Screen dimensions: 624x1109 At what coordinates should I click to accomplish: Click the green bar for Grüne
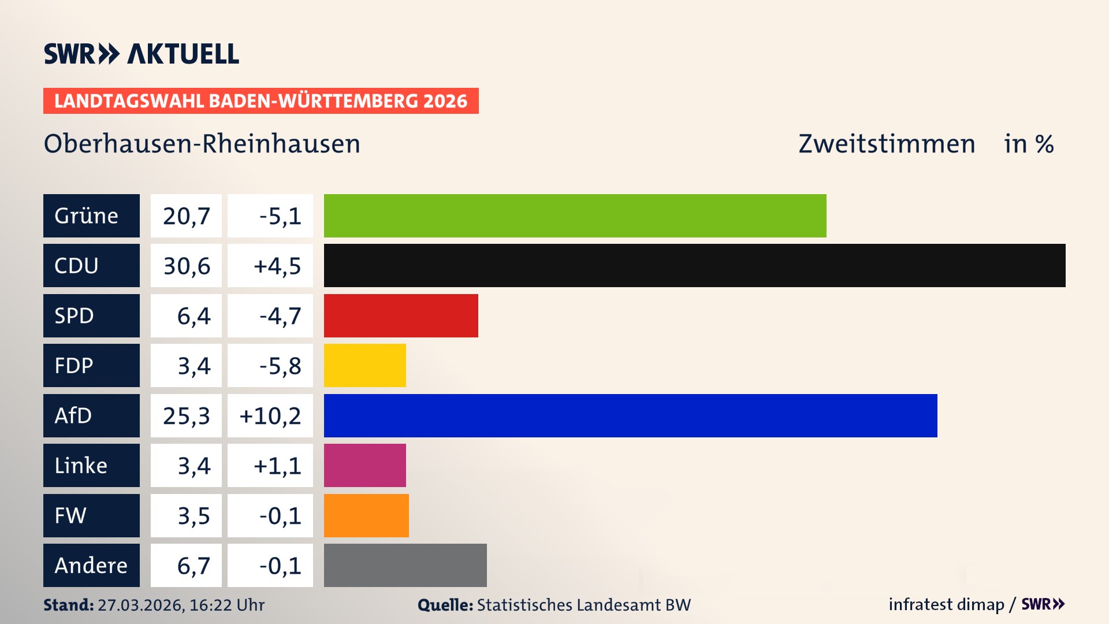coord(575,216)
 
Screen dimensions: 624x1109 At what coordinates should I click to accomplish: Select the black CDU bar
coord(694,265)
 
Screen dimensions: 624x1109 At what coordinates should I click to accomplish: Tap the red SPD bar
coord(401,315)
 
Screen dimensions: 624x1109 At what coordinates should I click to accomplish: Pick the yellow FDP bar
coord(364,365)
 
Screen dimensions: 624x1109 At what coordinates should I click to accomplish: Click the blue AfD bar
coord(630,415)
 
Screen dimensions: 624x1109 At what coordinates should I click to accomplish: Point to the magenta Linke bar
coord(364,465)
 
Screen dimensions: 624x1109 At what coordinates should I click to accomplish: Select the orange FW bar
coord(366,515)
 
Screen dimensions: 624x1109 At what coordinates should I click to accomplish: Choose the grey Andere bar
coord(405,565)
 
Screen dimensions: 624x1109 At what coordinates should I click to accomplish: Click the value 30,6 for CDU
coord(186,266)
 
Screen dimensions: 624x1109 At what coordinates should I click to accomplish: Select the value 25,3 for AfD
coord(186,415)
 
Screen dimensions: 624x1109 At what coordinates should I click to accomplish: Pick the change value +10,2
coord(270,415)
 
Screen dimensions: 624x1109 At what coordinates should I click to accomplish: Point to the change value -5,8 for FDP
coord(280,366)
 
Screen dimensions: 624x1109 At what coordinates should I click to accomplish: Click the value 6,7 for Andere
coord(193,566)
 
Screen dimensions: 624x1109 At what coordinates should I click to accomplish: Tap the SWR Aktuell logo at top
coord(141,54)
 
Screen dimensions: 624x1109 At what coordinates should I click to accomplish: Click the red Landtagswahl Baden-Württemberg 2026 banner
coord(260,101)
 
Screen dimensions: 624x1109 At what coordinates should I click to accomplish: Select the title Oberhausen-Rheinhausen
coord(202,144)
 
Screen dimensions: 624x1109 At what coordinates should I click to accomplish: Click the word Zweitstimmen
coord(887,144)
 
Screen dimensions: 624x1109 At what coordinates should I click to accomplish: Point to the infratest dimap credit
coord(946,604)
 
